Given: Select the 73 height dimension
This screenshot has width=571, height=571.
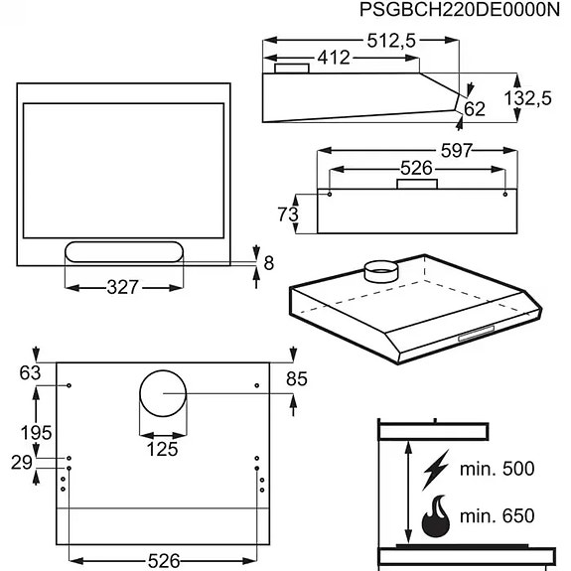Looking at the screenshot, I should [x=287, y=213].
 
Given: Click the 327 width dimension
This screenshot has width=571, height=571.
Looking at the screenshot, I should [x=123, y=288].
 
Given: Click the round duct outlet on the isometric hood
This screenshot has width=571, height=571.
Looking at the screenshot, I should [x=379, y=268].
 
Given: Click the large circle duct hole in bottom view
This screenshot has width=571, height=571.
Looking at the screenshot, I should [x=161, y=394].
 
